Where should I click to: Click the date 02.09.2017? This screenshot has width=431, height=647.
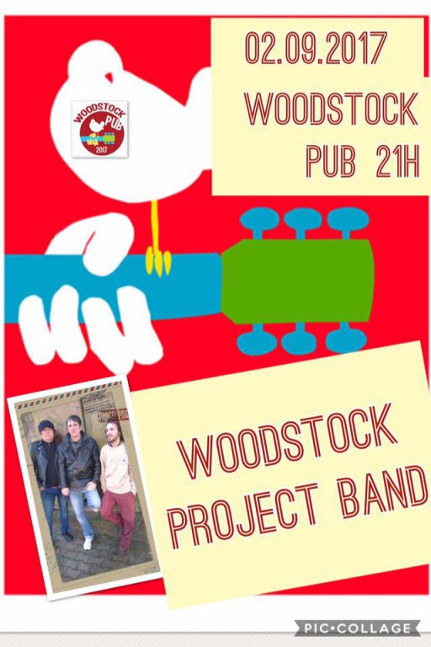coord(316,49)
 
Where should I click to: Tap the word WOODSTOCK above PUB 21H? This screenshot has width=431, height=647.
coord(331,107)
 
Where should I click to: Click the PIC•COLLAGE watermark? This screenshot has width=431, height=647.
coord(357,628)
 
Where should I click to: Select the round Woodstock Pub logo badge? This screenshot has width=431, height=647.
coord(99,128)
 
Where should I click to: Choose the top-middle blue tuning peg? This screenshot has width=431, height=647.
coord(302,222)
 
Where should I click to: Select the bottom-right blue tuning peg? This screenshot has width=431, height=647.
coord(346,340)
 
